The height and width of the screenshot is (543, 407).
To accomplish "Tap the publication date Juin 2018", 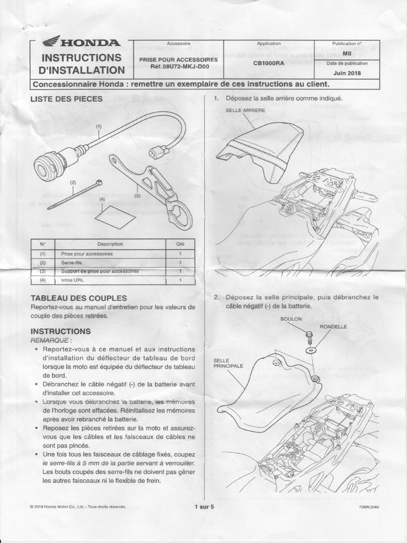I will pyautogui.click(x=348, y=73).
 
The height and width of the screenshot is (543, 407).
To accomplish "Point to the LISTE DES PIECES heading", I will pyautogui.click(x=67, y=99).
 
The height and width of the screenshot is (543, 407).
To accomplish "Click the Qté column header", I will pyautogui.click(x=180, y=244).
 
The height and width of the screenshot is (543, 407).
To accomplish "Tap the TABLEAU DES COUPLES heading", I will pyautogui.click(x=78, y=298).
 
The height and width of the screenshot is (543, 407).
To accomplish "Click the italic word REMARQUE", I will pyautogui.click(x=52, y=340).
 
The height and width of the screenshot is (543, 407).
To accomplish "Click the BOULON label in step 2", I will pyautogui.click(x=291, y=319).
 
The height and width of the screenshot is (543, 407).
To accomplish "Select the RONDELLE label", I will pyautogui.click(x=333, y=327).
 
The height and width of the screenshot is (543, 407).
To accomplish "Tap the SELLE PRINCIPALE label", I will pyautogui.click(x=228, y=363).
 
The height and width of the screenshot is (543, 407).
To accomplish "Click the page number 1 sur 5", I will pyautogui.click(x=203, y=507).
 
